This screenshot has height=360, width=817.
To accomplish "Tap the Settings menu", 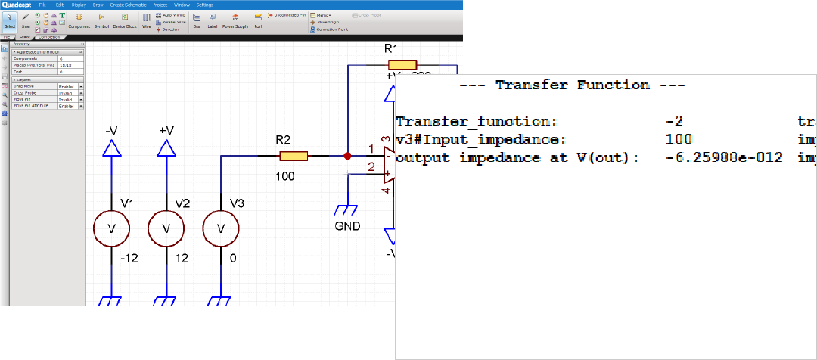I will (x=204, y=5).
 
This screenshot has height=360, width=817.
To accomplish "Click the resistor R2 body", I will (x=294, y=157).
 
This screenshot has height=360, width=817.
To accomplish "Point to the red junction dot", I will (x=347, y=157).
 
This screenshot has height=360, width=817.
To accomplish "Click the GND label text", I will (x=347, y=226).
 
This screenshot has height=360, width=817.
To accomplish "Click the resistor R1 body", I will (x=402, y=66).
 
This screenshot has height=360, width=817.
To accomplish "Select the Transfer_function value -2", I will (x=675, y=121).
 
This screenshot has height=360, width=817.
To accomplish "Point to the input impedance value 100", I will (x=679, y=139).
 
